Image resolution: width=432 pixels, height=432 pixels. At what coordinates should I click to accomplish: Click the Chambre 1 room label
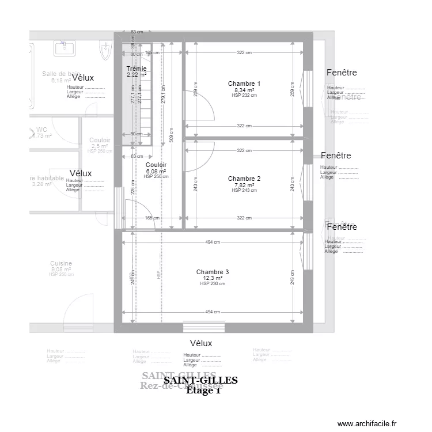click(244, 84)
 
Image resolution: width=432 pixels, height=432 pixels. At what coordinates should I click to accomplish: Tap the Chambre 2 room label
click(244, 179)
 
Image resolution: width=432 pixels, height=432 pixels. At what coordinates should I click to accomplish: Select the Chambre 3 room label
click(213, 272)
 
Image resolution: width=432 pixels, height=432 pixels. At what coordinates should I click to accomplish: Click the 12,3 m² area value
click(213, 278)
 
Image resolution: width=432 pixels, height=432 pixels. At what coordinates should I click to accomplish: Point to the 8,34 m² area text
click(244, 90)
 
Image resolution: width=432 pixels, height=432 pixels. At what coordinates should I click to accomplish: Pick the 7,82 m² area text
click(244, 185)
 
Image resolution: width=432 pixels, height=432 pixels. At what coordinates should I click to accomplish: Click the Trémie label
click(137, 69)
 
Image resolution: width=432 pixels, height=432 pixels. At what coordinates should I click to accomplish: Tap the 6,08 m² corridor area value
click(156, 171)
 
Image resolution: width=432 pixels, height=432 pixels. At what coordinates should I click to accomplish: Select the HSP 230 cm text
click(213, 283)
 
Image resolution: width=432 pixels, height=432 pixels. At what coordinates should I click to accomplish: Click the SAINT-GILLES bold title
click(200, 381)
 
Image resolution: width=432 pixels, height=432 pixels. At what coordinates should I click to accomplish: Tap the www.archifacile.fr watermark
click(367, 423)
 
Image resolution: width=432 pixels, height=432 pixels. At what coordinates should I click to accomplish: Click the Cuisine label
click(60, 263)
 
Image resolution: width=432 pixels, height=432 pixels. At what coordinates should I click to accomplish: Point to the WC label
click(41, 130)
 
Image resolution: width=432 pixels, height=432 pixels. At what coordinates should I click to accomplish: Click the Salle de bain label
click(60, 74)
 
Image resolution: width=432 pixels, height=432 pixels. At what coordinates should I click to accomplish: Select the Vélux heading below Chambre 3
click(201, 343)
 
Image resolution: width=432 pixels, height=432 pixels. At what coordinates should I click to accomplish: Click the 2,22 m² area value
click(137, 74)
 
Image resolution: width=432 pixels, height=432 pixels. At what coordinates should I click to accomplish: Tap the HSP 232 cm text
click(244, 96)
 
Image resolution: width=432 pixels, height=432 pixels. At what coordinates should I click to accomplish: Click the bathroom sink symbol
click(65, 48)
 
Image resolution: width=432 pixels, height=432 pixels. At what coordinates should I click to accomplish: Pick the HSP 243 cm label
click(244, 190)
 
